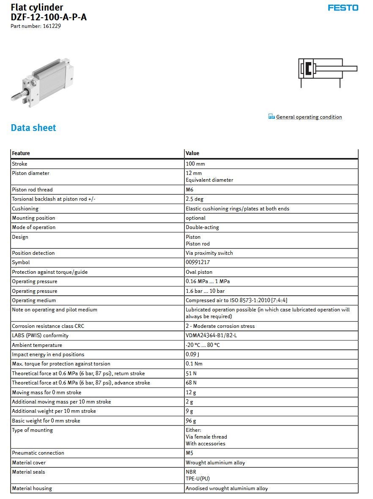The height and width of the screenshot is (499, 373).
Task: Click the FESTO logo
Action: tap(343, 8)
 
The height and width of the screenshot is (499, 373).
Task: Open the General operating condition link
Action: tap(309, 117)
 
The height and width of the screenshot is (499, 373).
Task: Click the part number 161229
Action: tap(52, 26)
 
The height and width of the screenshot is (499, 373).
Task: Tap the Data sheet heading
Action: tap(33, 128)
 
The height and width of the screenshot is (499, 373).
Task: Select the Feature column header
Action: tap(21, 153)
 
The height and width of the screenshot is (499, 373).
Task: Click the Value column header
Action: tap(192, 153)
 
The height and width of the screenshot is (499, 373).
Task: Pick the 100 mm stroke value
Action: tap(195, 164)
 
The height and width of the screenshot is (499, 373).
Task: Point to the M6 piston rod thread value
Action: tap(189, 190)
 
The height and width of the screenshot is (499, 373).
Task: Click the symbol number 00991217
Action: tap(198, 262)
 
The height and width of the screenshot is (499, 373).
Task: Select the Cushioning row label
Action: tap(25, 209)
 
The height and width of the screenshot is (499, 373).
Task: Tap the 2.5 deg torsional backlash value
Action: tap(195, 199)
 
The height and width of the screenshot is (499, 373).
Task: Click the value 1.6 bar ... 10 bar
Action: tap(205, 291)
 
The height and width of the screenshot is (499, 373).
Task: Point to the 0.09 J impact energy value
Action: tap(192, 354)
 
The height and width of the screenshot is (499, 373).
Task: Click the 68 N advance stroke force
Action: tap(191, 383)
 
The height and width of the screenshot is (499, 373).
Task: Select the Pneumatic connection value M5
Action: tap(189, 453)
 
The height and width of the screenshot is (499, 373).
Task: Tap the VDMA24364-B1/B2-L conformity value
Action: tap(211, 335)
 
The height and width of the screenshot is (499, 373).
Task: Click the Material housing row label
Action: tap(32, 488)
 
